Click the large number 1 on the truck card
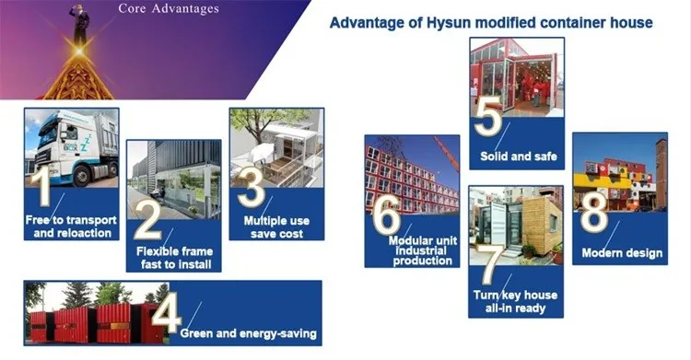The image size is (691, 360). click(x=43, y=188)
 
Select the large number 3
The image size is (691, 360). click(x=252, y=190)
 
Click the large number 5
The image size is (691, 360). click(x=488, y=116)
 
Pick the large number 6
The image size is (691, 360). click(x=386, y=215)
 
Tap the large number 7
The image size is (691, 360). click(x=489, y=265)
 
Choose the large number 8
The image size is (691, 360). click(x=595, y=212)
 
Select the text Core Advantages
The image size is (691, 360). click(x=169, y=9)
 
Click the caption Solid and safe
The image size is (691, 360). click(x=518, y=157)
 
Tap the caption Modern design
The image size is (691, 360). click(x=622, y=253)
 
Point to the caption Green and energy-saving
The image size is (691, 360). click(x=249, y=333)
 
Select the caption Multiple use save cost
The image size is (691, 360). click(x=276, y=227)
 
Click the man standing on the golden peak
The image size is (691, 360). click(x=80, y=24)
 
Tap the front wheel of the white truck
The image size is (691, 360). click(x=81, y=176)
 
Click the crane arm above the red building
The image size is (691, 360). click(x=446, y=153)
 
